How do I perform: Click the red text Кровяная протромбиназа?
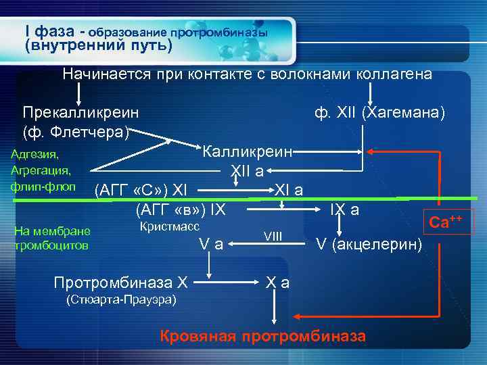coord(262,337)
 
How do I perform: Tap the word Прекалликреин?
coord(80,111)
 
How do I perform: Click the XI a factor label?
coord(289,189)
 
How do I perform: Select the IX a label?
coord(344,210)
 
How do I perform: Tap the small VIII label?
coord(273,235)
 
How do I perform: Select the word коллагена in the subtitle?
coord(392,74)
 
